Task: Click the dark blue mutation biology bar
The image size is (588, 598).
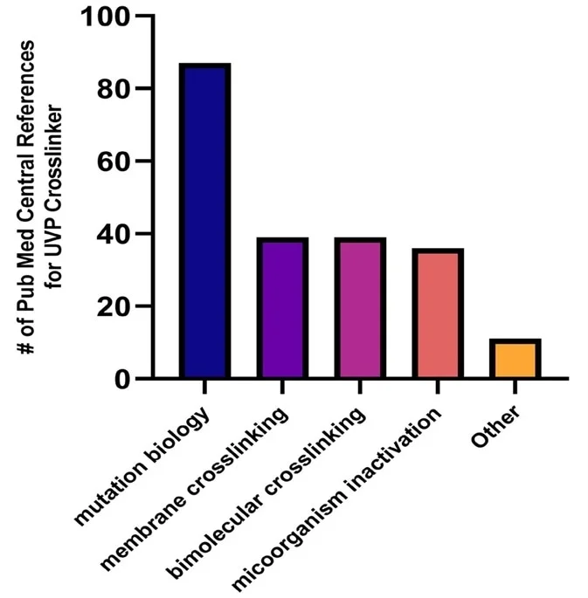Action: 204,222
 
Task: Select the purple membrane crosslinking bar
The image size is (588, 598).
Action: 281,309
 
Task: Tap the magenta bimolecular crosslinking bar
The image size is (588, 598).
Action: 359,309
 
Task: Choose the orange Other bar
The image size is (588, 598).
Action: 515,359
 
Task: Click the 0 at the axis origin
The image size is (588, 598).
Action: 125,379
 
